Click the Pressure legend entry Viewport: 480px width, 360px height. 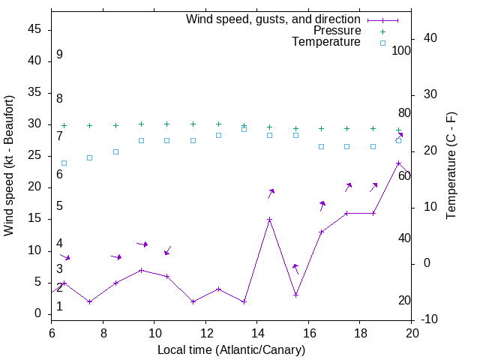(337, 31)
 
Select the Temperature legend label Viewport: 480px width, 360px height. (326, 42)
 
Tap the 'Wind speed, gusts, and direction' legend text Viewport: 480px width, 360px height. (274, 19)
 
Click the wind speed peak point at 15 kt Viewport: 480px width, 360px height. (269, 220)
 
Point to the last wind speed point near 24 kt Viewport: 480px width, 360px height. (398, 163)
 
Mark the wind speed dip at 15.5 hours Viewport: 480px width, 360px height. (295, 295)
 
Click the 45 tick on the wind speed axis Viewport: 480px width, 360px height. (34, 29)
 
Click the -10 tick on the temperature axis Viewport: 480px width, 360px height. (432, 319)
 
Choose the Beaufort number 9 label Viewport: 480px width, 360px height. (59, 55)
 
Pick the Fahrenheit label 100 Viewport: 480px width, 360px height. (402, 50)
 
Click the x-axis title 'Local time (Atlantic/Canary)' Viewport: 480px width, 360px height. (231, 349)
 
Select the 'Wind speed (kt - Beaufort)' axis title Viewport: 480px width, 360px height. (10, 165)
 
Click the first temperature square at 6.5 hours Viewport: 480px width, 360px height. (64, 163)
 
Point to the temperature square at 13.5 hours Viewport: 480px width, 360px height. (244, 129)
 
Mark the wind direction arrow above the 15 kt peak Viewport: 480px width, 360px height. (271, 193)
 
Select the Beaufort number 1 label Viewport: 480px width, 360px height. (59, 307)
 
